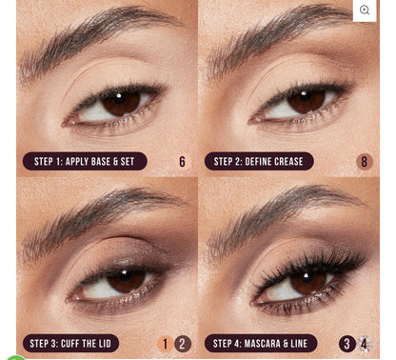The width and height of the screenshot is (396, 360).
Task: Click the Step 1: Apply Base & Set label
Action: pos(84,162)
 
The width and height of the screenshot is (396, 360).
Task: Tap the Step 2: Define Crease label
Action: pos(258,162)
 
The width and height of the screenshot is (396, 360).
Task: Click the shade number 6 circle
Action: pos(182,162)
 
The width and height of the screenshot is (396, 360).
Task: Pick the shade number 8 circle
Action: pos(364,162)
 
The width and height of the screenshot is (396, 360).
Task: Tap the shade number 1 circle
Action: pos(165,344)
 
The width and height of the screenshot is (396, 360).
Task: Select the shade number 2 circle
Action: pos(183,344)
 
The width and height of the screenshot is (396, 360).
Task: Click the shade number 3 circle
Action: pos(347,344)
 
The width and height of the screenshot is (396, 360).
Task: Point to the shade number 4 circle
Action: pos(365,344)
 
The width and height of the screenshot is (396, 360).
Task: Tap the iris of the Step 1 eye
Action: pos(121,102)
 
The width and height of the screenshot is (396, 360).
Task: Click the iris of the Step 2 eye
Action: pos(306,100)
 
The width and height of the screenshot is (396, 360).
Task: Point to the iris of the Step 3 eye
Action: pos(126,279)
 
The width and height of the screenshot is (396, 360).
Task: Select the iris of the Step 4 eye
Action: pos(307,279)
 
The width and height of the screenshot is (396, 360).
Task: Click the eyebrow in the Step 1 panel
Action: pos(95,29)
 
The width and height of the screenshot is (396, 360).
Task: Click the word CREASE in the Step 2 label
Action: pos(283,162)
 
